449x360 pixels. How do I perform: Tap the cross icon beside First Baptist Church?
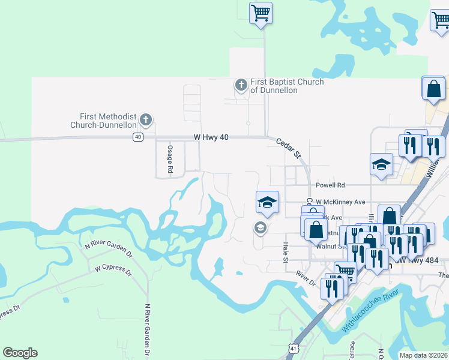pyautogui.click(x=241, y=85)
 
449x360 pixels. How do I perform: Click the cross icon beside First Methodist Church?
pyautogui.click(x=146, y=120)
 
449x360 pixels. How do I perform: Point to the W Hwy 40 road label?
pyautogui.click(x=211, y=137)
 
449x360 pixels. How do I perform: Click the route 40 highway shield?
pyautogui.click(x=138, y=137)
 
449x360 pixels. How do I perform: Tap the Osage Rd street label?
pyautogui.click(x=170, y=160)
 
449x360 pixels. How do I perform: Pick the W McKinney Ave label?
pyautogui.click(x=340, y=202)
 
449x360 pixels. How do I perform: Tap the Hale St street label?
pyautogui.click(x=285, y=252)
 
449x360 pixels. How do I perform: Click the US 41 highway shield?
pyautogui.click(x=292, y=348)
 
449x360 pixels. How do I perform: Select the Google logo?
pyautogui.click(x=20, y=353)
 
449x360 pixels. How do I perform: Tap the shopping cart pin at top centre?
pyautogui.click(x=261, y=13)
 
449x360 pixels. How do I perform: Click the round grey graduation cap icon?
pyautogui.click(x=260, y=227)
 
